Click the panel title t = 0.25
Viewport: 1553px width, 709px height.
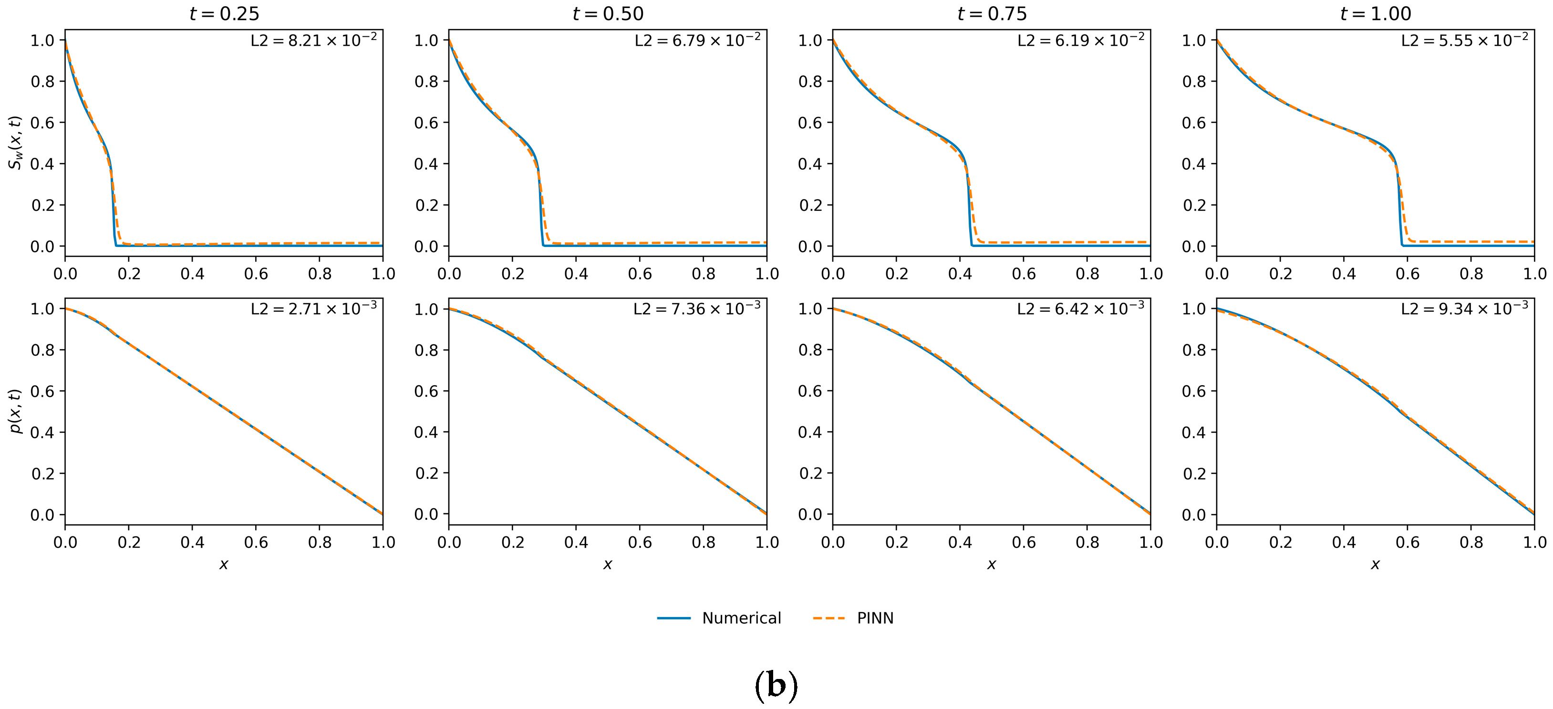pyautogui.click(x=224, y=13)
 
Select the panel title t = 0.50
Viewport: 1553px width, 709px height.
pyautogui.click(x=608, y=13)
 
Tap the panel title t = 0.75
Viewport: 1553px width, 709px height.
pyautogui.click(x=992, y=13)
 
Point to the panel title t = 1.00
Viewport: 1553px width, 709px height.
pyautogui.click(x=1375, y=13)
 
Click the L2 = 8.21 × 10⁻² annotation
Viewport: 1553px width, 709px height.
pyautogui.click(x=313, y=41)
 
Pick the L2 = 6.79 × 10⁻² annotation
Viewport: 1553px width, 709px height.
pyautogui.click(x=697, y=41)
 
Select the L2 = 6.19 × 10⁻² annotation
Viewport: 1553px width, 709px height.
pyautogui.click(x=1081, y=41)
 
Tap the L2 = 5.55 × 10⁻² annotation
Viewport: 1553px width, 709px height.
pyautogui.click(x=1464, y=41)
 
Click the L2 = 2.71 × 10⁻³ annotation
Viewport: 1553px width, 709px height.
pyautogui.click(x=313, y=308)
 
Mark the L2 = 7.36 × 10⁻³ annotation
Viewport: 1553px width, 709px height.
pyautogui.click(x=697, y=308)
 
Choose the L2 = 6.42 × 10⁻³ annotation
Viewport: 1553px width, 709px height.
pyautogui.click(x=1080, y=308)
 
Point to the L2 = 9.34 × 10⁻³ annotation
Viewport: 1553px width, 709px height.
pyautogui.click(x=1464, y=308)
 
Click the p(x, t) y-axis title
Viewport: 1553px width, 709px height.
pyautogui.click(x=16, y=411)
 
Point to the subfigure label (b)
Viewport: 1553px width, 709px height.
pyautogui.click(x=776, y=686)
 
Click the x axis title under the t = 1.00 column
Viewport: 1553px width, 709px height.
pyautogui.click(x=1375, y=565)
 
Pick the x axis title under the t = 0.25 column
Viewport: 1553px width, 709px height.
pyautogui.click(x=224, y=565)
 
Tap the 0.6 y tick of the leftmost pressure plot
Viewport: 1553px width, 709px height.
pyautogui.click(x=42, y=391)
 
